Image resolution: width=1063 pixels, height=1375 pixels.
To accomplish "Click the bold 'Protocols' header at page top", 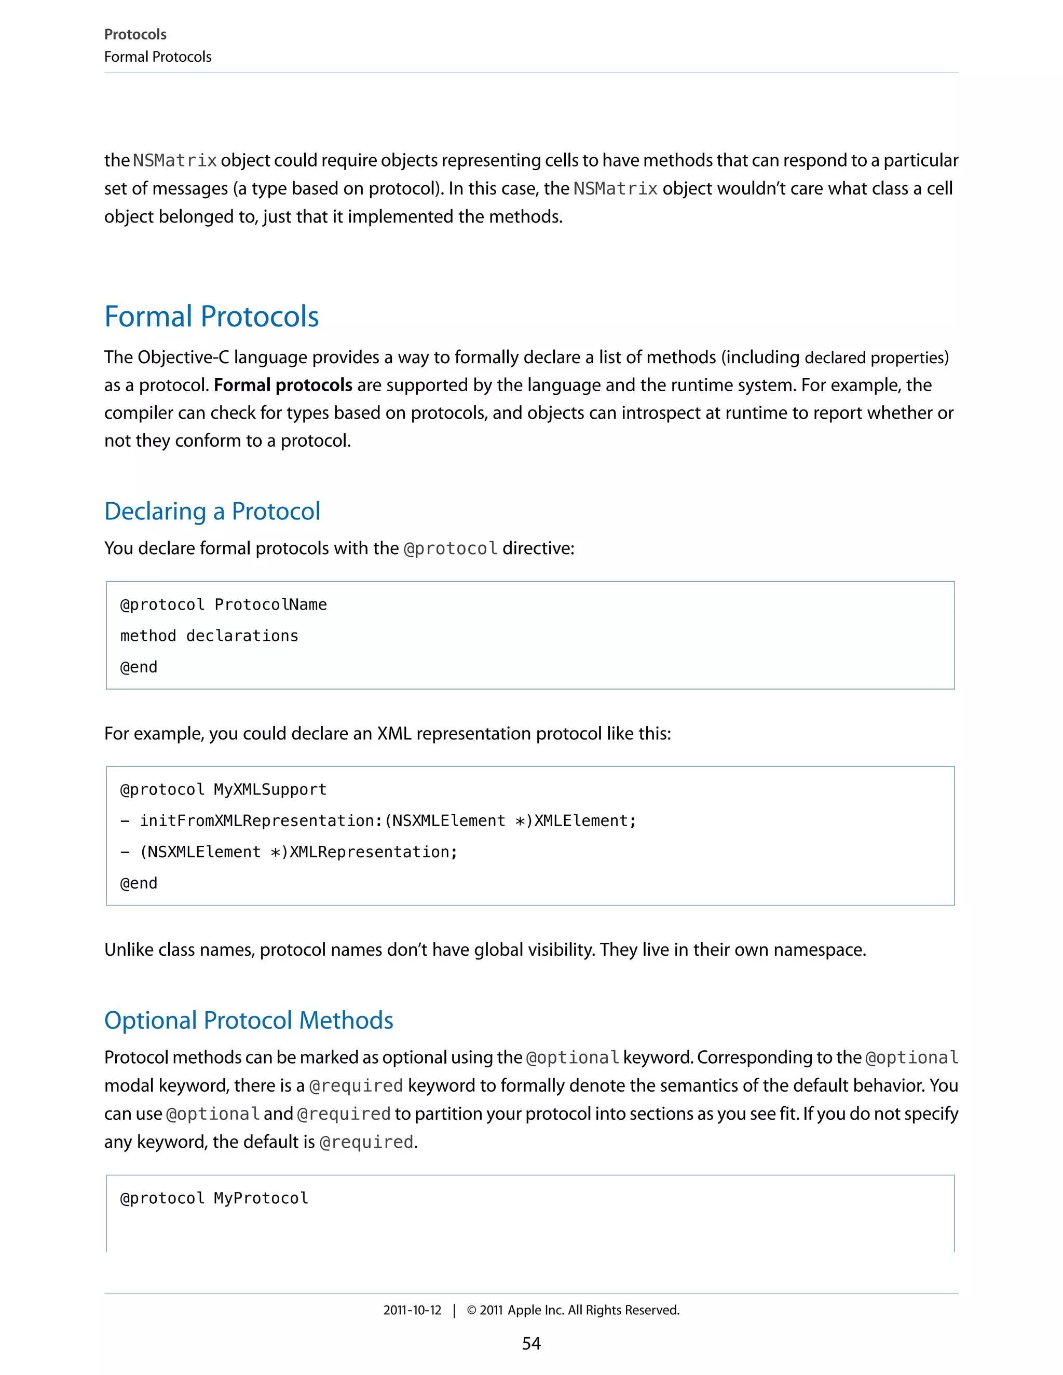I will point(135,35).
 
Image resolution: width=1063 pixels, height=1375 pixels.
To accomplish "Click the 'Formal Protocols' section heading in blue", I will point(212,317).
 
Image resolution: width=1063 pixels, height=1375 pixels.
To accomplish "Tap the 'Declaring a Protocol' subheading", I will point(212,511).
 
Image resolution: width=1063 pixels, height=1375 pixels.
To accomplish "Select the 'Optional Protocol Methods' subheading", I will point(249,1021).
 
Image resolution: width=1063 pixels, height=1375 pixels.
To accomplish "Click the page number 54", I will point(531,1343).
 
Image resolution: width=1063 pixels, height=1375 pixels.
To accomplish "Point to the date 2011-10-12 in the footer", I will point(413,1310).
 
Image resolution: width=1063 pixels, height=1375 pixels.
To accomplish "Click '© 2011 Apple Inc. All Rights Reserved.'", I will point(573,1310).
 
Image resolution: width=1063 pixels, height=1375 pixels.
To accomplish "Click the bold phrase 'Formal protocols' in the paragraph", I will point(283,386).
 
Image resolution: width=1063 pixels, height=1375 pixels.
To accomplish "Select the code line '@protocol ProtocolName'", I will point(224,605).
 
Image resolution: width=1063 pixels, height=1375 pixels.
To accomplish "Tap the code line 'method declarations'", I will point(209,636).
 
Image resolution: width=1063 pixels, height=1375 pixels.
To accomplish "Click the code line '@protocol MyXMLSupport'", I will point(224,790).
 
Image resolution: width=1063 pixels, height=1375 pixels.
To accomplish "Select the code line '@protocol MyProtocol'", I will point(214,1198).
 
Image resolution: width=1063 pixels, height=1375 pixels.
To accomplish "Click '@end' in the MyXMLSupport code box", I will point(139,883).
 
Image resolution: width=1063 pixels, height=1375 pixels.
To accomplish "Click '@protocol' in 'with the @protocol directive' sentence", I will point(450,549).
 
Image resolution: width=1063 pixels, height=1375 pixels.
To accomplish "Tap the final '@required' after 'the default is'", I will point(366,1143).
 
